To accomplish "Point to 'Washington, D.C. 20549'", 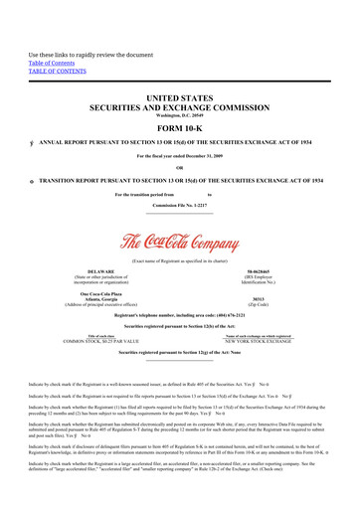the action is click(179, 117).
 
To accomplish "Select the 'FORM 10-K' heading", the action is click(179, 129).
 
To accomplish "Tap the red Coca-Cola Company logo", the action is click(179, 242).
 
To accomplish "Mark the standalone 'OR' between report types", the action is click(179, 167).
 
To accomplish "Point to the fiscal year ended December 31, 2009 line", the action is click(179, 155).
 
